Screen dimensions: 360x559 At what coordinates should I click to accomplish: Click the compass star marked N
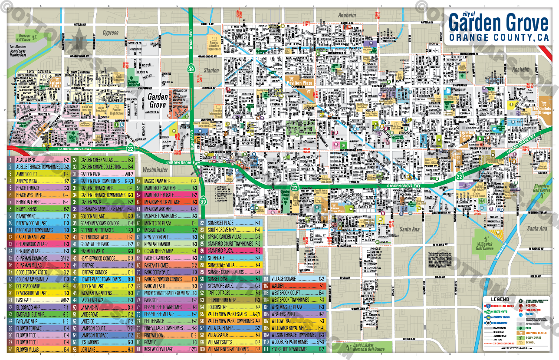click(79, 42)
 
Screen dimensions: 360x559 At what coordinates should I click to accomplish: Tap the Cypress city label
click(110, 33)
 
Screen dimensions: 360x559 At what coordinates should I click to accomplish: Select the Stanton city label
click(211, 70)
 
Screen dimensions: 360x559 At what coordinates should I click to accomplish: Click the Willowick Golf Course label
click(484, 246)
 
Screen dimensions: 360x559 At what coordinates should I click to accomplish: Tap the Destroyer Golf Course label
click(28, 37)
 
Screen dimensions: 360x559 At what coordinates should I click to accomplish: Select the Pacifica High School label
click(117, 111)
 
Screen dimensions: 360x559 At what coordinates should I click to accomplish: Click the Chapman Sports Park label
click(133, 81)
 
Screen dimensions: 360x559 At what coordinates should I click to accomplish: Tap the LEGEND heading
click(500, 299)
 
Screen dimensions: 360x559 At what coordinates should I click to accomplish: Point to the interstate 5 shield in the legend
click(489, 306)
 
